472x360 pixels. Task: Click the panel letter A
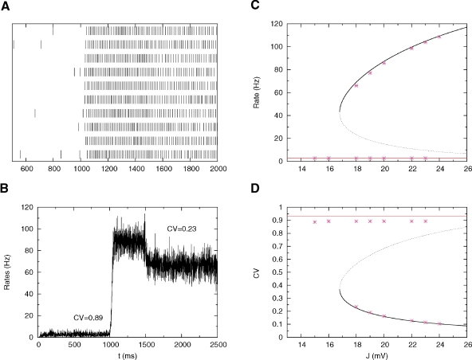[x=6, y=6]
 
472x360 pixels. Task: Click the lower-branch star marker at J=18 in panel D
[x=356, y=307]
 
